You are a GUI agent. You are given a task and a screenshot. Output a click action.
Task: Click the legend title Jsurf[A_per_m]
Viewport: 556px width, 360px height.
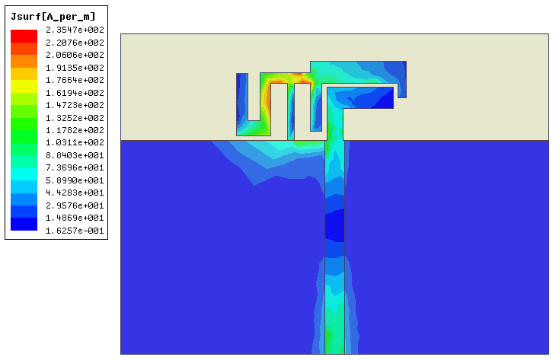pos(53,17)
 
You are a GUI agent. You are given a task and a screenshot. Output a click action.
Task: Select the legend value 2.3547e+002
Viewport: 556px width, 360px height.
pos(75,30)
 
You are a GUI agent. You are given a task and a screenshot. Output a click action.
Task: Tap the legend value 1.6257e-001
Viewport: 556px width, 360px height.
pos(75,231)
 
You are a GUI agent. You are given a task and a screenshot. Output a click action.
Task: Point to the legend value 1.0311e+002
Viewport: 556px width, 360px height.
pos(75,142)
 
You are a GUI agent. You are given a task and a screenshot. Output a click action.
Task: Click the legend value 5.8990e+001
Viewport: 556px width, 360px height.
pos(75,180)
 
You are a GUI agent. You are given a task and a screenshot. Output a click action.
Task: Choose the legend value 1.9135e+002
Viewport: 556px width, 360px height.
pos(75,68)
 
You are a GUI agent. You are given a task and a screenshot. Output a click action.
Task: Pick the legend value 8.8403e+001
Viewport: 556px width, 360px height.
pos(75,155)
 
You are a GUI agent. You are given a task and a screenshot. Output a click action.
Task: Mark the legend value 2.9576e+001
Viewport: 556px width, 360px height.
pos(75,205)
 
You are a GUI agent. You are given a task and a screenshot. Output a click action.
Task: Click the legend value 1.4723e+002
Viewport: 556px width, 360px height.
pos(75,105)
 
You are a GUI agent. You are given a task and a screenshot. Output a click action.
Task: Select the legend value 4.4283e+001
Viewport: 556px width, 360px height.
pos(75,193)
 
